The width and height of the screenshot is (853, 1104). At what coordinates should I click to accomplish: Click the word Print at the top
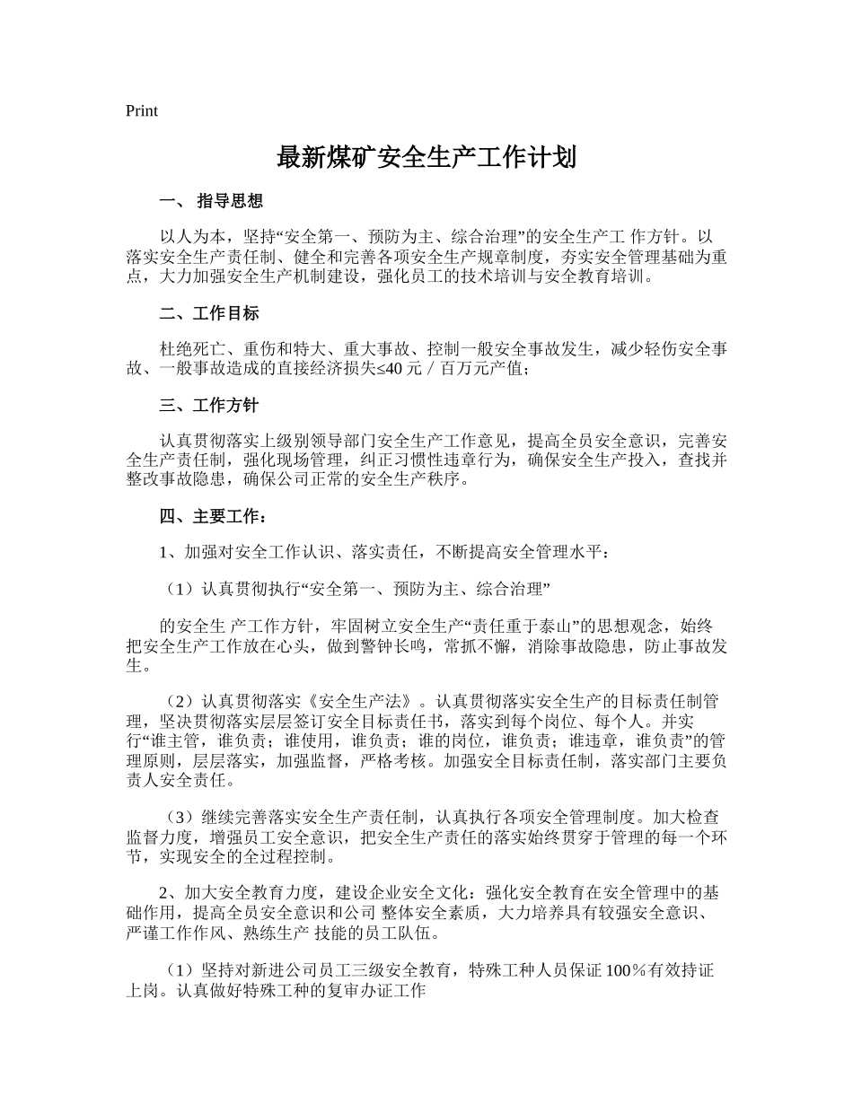coord(142,110)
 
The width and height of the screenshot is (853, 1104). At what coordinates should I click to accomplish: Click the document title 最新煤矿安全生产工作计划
coord(426,159)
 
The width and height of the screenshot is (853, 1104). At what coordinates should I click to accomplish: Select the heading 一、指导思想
coord(211,201)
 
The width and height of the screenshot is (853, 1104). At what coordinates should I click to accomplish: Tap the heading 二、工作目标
coord(209,313)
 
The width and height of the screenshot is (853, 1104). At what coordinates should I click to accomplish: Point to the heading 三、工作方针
coord(209,405)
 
